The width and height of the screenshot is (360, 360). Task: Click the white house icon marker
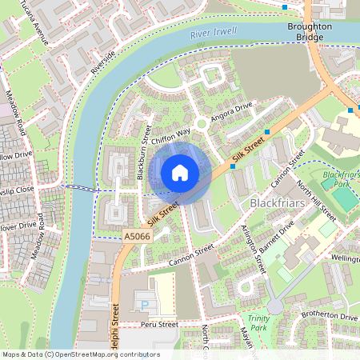(x=180, y=173)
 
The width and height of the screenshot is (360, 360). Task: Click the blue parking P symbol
(x=145, y=305)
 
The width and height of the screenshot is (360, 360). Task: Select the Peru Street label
(x=157, y=326)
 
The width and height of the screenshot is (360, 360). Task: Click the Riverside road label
(x=102, y=62)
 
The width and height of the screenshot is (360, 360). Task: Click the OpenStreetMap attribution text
(x=80, y=354)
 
